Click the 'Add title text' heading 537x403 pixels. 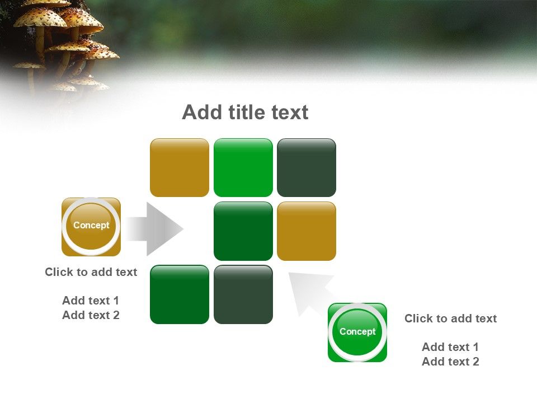[245, 113]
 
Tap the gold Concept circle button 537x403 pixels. [91, 226]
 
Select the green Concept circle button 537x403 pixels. [357, 332]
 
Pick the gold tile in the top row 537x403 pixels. [180, 168]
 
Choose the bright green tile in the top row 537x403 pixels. [243, 168]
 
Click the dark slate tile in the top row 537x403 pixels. [307, 168]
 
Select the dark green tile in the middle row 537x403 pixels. [243, 231]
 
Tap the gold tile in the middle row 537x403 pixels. [307, 231]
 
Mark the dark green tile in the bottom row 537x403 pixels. [180, 294]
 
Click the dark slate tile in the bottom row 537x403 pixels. [243, 294]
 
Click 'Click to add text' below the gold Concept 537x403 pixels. [91, 272]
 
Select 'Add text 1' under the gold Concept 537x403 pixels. [91, 301]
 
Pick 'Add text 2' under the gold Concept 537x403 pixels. [91, 315]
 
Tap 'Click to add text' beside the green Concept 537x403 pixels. [451, 318]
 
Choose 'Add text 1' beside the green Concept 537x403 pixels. [450, 347]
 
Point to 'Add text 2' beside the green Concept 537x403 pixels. [450, 362]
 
